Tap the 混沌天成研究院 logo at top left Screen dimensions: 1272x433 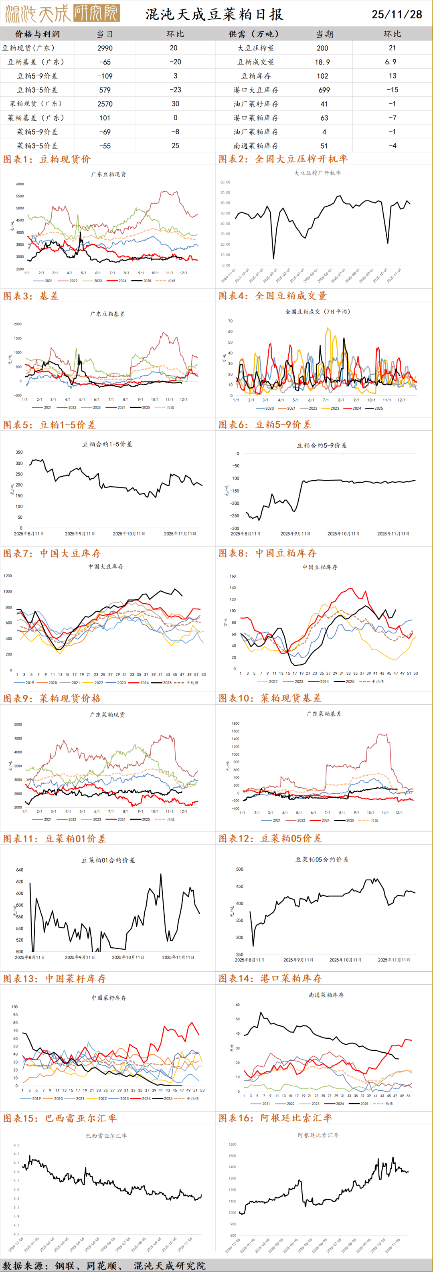(62, 13)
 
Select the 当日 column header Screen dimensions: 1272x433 (105, 34)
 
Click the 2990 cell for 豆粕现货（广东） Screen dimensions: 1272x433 (105, 48)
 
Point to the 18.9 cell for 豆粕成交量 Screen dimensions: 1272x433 (322, 62)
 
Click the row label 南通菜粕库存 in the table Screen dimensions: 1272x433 (256, 146)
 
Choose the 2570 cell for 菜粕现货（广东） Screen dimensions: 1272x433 (105, 104)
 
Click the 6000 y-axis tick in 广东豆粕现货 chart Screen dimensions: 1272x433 (20, 184)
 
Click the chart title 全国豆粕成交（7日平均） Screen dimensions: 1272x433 (318, 311)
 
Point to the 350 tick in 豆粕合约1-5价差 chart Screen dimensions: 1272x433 (19, 452)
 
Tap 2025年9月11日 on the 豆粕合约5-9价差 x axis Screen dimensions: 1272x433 (295, 534)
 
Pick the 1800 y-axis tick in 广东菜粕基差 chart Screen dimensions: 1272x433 (235, 724)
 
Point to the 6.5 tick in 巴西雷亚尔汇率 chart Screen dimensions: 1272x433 (16, 1145)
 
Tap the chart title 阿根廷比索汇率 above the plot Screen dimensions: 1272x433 (318, 1135)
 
